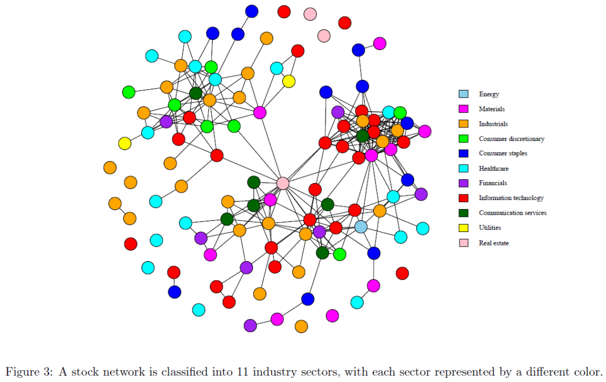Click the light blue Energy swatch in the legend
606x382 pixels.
click(463, 94)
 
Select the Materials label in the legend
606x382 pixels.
click(492, 109)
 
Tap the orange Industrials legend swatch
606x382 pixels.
click(463, 124)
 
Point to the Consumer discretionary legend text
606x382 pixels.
click(511, 139)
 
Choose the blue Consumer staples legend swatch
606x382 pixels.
click(463, 153)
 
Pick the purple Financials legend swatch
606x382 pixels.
click(463, 183)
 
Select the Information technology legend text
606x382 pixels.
click(511, 198)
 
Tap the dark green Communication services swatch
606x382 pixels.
click(463, 213)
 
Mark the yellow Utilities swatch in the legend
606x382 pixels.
click(463, 228)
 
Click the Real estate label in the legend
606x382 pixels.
click(493, 243)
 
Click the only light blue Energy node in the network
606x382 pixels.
click(361, 227)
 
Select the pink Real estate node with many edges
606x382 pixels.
click(283, 183)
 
